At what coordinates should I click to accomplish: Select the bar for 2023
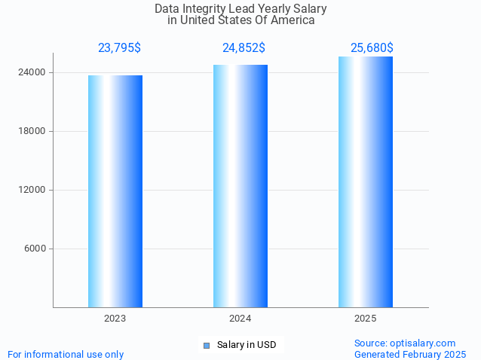[x=115, y=191]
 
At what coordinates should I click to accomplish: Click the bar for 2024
[x=240, y=186]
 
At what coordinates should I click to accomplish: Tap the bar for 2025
[x=366, y=182]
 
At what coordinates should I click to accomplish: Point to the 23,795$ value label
[x=119, y=48]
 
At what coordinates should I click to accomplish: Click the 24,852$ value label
[x=244, y=48]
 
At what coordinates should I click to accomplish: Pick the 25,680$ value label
[x=372, y=48]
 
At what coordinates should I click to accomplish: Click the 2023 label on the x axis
[x=115, y=319]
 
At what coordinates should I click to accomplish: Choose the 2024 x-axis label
[x=240, y=319]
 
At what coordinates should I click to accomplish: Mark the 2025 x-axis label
[x=366, y=319]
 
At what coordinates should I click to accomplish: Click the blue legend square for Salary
[x=206, y=346]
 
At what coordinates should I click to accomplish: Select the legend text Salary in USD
[x=247, y=346]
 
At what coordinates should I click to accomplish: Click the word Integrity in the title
[x=208, y=9]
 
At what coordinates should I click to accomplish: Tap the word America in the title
[x=293, y=20]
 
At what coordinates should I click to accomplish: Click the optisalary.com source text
[x=405, y=343]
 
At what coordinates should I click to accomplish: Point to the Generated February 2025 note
[x=410, y=354]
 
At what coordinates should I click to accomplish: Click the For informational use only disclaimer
[x=66, y=354]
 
